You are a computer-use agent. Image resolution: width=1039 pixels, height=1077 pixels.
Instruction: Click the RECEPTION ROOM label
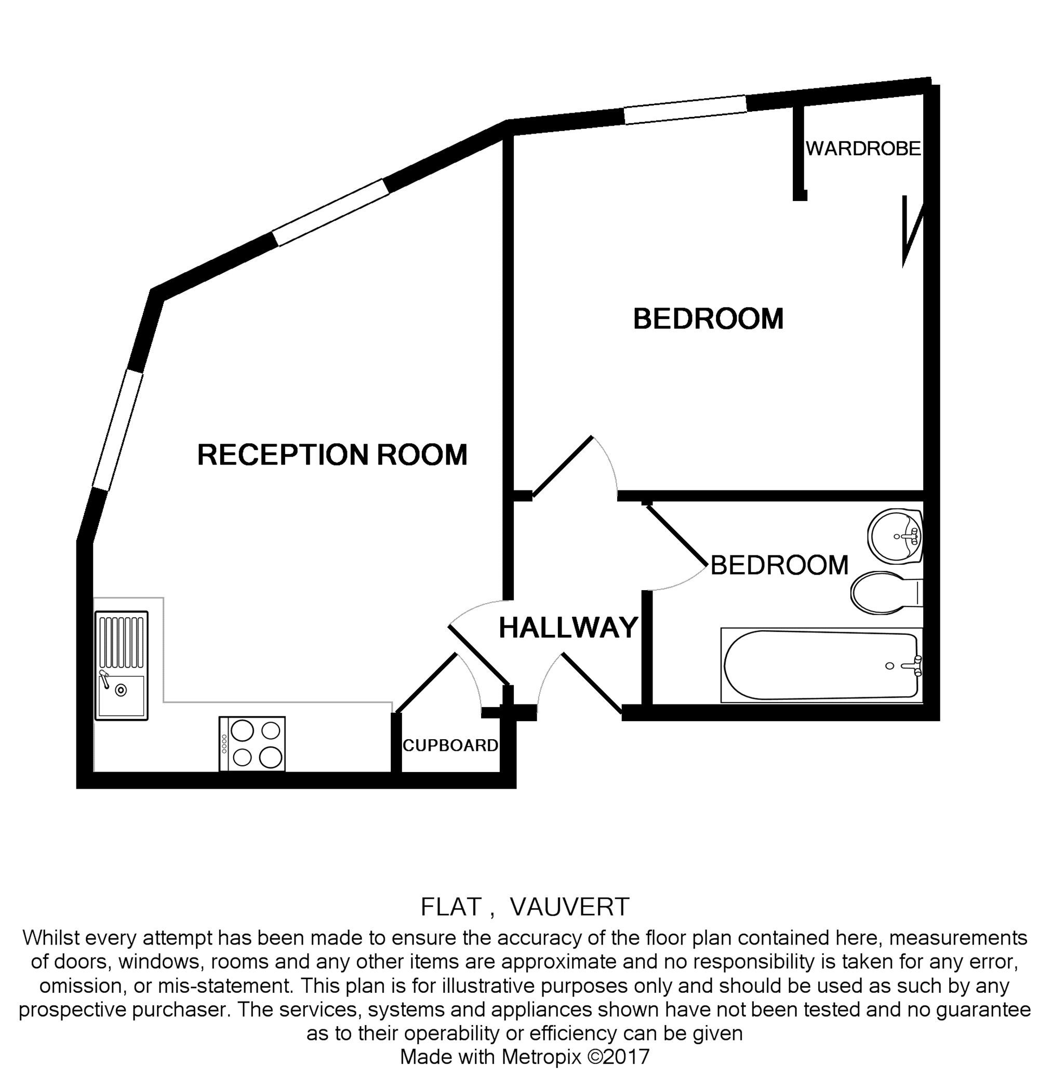click(332, 455)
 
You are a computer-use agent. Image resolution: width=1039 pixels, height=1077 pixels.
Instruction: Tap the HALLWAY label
click(568, 628)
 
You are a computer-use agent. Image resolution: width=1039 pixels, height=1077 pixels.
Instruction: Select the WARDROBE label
click(862, 149)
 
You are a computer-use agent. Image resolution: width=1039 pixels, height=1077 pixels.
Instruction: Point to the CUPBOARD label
click(450, 746)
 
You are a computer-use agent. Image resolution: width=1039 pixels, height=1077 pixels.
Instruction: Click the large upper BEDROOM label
click(708, 318)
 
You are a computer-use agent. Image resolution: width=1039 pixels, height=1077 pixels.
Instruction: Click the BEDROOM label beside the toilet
click(779, 565)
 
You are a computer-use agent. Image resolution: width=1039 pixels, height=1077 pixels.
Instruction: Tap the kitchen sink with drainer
click(122, 666)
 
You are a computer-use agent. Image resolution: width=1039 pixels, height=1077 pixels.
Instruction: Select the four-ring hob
click(252, 743)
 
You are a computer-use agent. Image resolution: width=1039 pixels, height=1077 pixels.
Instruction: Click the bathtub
click(821, 666)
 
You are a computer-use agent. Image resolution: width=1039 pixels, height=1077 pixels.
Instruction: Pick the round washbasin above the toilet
click(895, 535)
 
